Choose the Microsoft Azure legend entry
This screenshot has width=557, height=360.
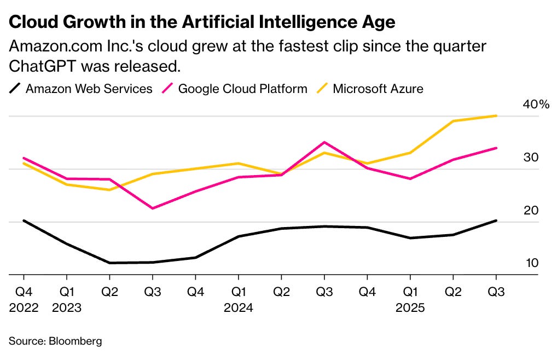pos(378,89)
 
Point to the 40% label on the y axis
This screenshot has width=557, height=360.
pos(536,104)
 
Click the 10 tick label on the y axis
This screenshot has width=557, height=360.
pos(532,263)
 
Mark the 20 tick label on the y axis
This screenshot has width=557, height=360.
pos(532,211)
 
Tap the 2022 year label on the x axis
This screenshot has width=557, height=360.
pos(24,307)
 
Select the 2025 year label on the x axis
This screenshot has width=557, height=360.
pos(410,307)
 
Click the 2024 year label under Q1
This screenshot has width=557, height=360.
pos(238,307)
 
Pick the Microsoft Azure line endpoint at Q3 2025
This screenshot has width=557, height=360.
pos(496,115)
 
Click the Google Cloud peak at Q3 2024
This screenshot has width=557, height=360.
pos(324,142)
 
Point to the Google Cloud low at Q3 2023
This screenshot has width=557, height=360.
pos(152,208)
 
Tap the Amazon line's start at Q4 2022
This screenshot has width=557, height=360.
pos(24,220)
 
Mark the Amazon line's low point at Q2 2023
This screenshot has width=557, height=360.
pos(109,263)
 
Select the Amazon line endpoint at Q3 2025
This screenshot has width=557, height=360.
pos(496,220)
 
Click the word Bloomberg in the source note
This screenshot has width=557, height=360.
pos(76,341)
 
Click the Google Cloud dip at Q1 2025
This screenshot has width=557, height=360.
pos(410,179)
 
